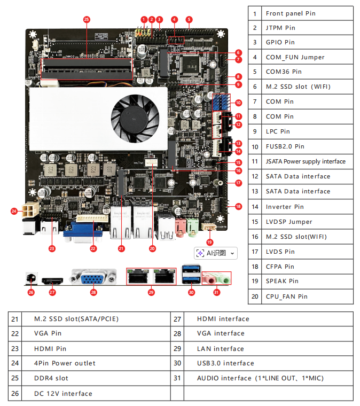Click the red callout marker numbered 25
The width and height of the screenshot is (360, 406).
tap(87, 19)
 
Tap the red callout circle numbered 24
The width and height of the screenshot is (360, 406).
tap(14, 211)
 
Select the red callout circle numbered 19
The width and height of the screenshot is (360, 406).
tap(209, 241)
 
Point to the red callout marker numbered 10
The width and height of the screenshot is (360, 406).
tap(238, 103)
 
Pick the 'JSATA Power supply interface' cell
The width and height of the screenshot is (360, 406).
tap(306, 161)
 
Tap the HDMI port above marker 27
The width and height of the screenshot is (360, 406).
tap(52, 280)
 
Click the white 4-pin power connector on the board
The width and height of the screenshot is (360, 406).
tap(29, 209)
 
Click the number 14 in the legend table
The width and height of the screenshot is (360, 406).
tap(255, 206)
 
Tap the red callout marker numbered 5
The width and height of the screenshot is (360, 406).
tap(189, 19)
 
